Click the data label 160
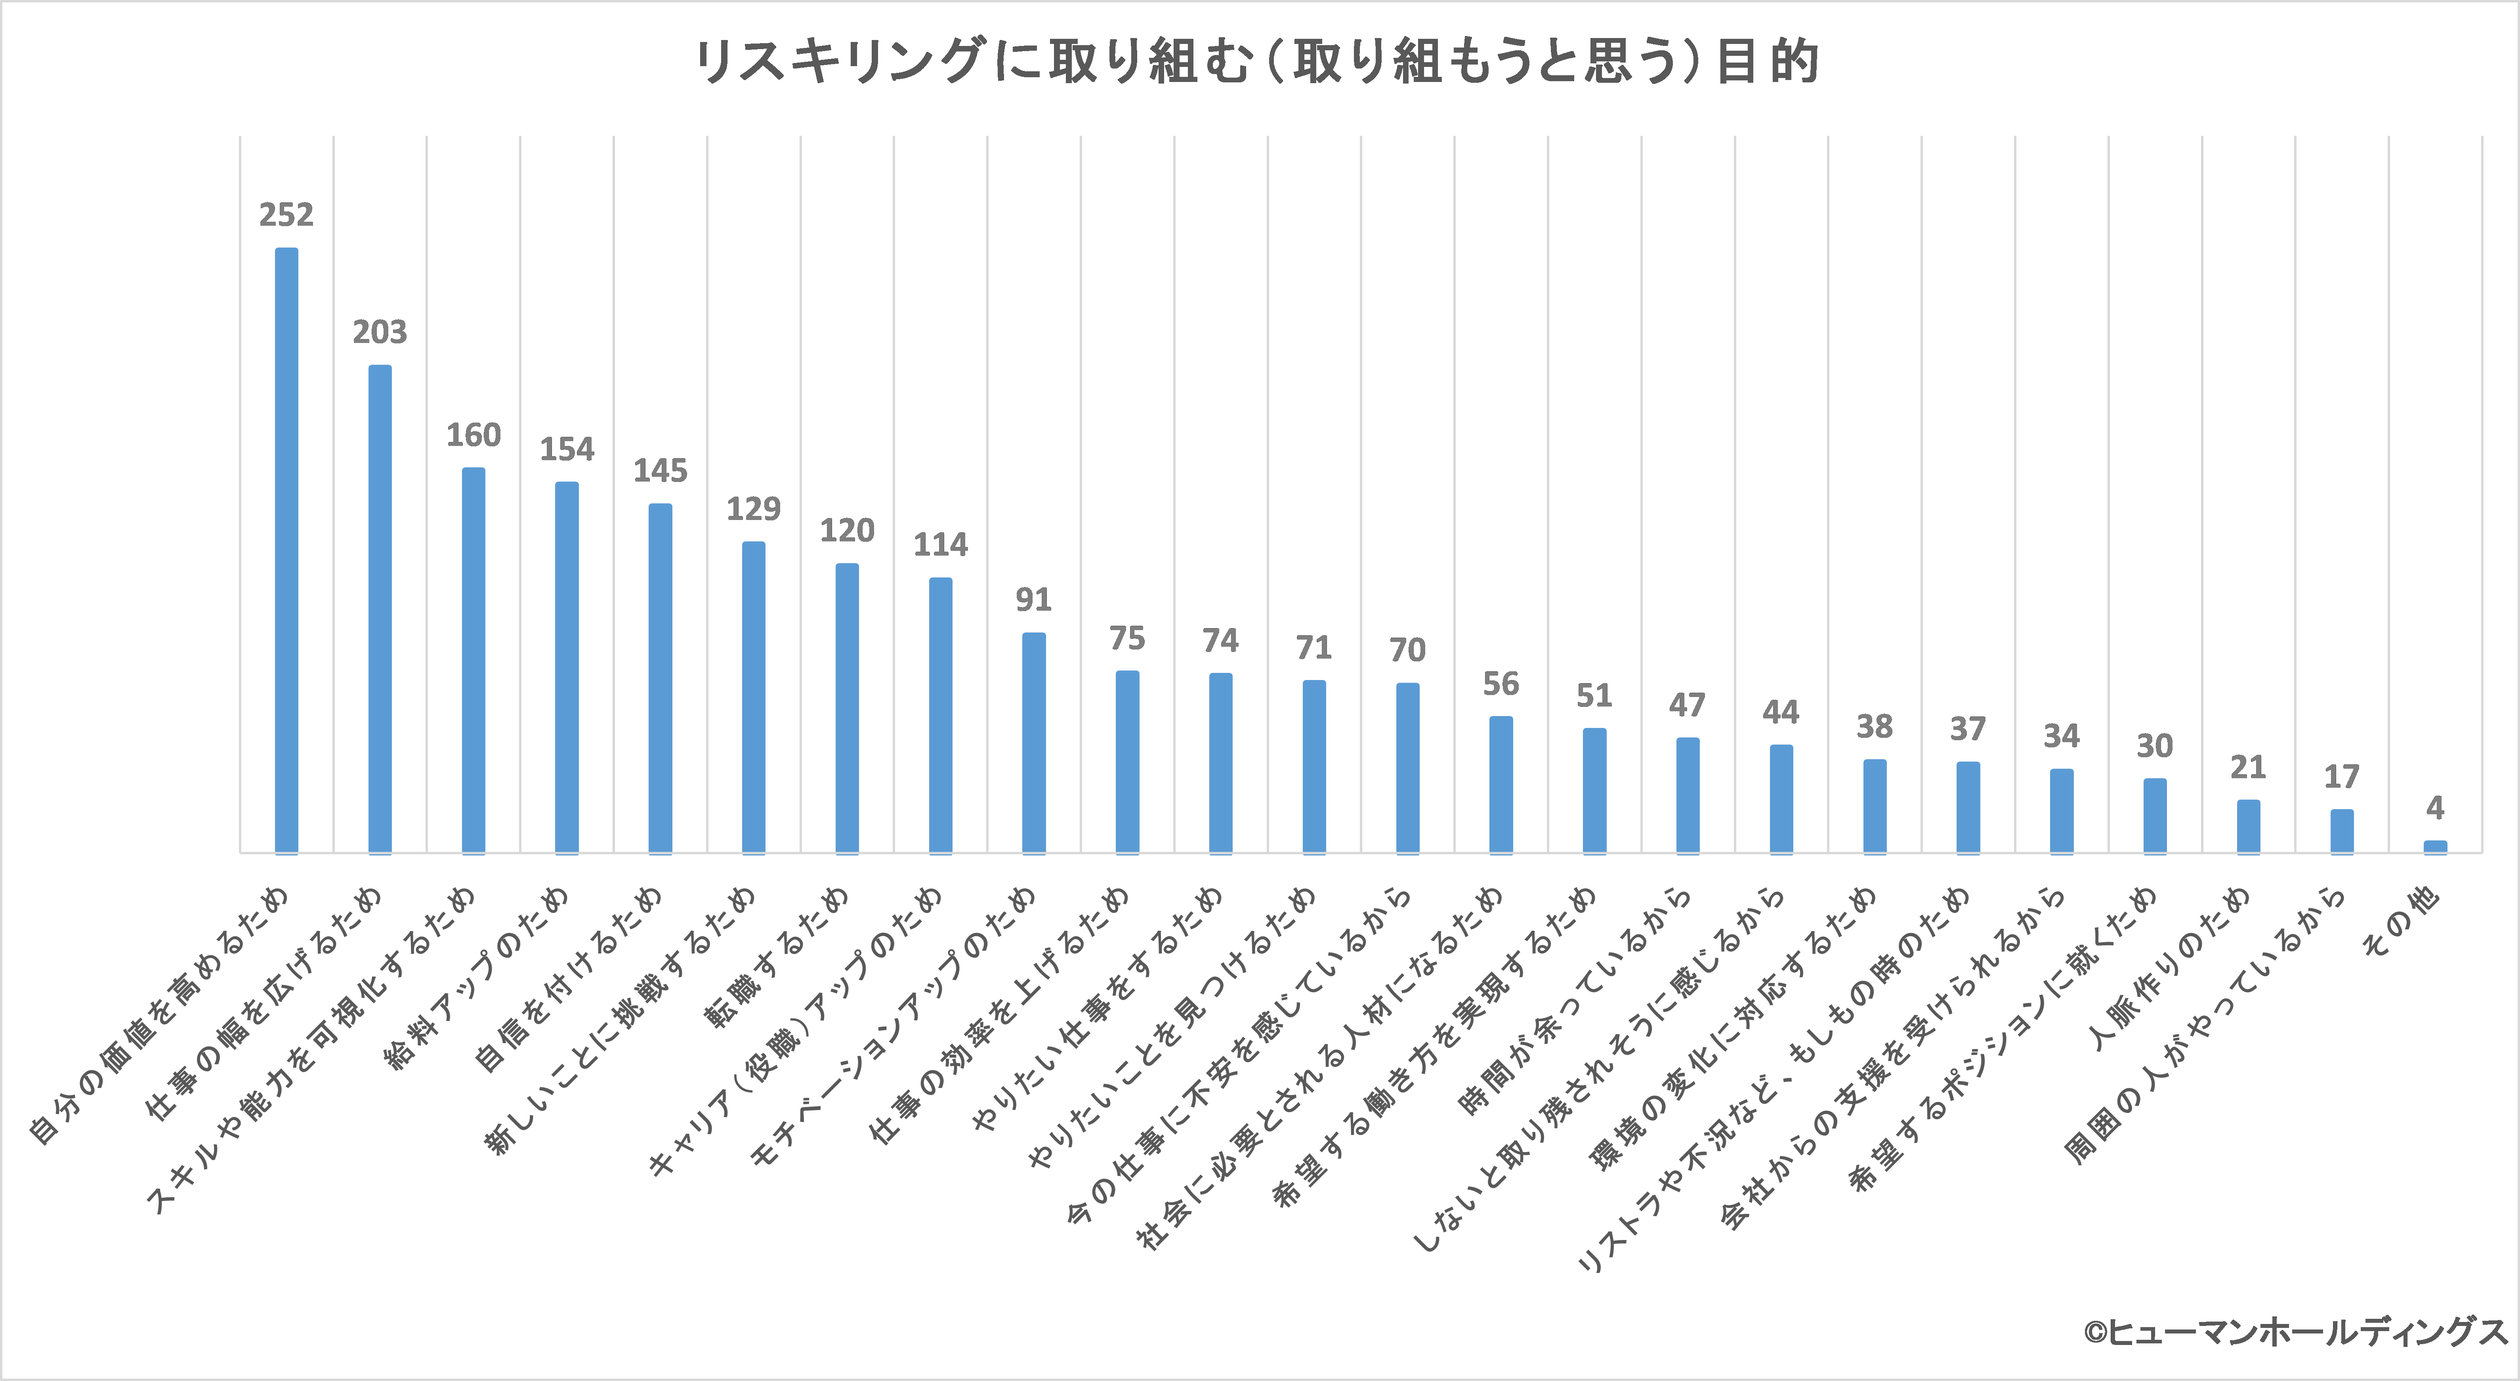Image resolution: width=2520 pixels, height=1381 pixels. pyautogui.click(x=473, y=435)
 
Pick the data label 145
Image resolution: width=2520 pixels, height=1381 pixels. pyautogui.click(x=661, y=471)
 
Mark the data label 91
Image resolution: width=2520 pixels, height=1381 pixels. pyautogui.click(x=1033, y=600)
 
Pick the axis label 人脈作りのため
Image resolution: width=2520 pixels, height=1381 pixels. pyautogui.click(x=2172, y=968)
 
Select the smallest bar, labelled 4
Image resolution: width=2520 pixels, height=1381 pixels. pyautogui.click(x=2435, y=847)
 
